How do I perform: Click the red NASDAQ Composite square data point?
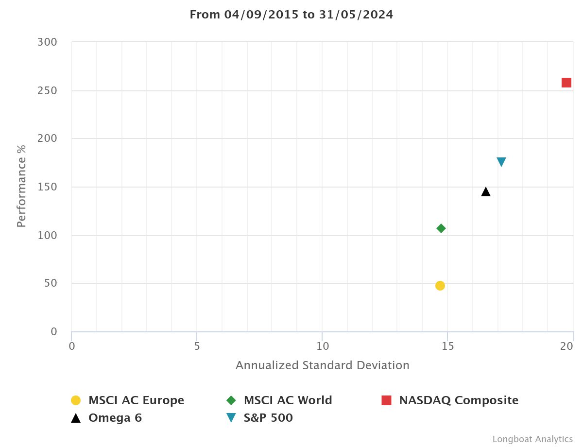[566, 83]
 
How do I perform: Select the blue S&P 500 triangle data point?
[501, 162]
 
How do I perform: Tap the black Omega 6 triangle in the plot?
[486, 192]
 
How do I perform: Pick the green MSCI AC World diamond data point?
[441, 228]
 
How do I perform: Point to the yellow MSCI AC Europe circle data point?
[440, 286]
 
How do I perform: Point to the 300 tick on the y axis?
[47, 42]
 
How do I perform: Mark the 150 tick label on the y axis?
[47, 187]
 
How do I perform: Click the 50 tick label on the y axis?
[51, 283]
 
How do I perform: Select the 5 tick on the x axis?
[197, 346]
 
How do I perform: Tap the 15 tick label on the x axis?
[447, 346]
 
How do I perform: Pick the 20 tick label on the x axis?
[566, 346]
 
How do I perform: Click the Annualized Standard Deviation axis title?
[323, 365]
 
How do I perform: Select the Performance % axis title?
[21, 186]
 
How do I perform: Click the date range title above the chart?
[291, 15]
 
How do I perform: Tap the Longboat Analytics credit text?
[532, 439]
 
